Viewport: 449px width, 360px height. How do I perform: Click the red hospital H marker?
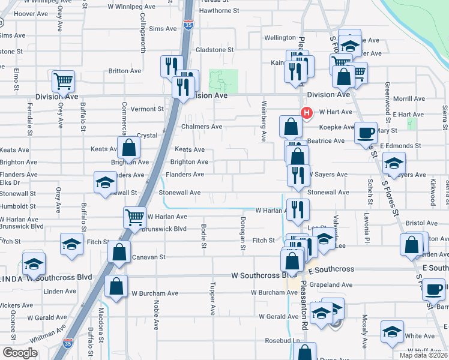[307, 112]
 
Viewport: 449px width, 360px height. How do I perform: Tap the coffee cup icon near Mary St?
[366, 133]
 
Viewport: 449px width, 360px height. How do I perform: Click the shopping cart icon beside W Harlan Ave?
[134, 217]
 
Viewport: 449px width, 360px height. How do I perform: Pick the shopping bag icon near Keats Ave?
[128, 148]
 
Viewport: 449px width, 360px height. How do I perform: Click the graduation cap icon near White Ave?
[392, 331]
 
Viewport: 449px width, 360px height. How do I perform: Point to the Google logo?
[20, 353]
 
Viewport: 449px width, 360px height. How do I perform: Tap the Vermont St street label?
[147, 109]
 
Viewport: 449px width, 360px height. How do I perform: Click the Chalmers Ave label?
[202, 127]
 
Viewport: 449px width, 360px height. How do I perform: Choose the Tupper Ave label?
[212, 298]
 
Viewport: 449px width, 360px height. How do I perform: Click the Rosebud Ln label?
[282, 341]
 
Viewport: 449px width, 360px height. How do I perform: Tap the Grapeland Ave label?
[331, 284]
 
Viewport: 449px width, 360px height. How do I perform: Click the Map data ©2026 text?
[423, 355]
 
